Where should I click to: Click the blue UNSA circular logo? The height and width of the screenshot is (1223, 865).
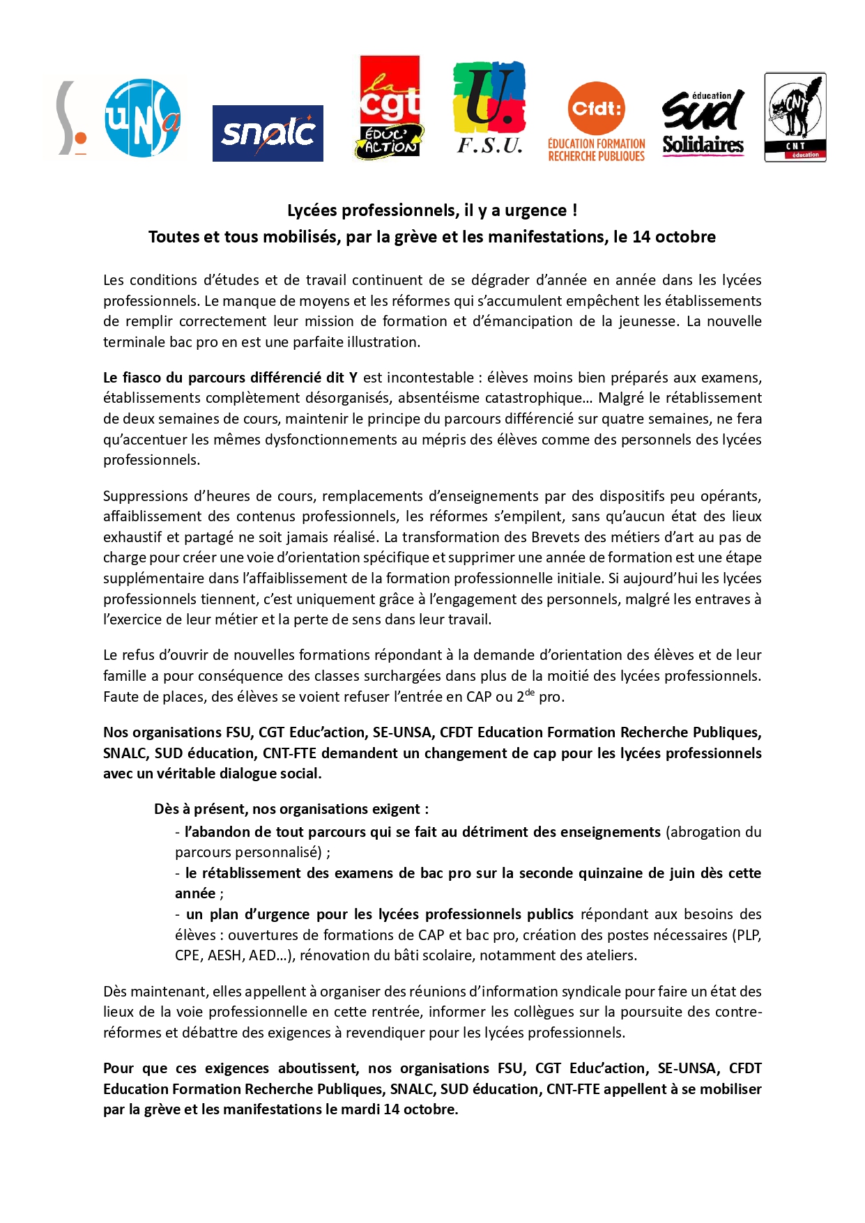pyautogui.click(x=142, y=118)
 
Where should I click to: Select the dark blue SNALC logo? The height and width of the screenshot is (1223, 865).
pyautogui.click(x=268, y=133)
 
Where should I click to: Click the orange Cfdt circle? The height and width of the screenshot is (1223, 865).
pyautogui.click(x=597, y=109)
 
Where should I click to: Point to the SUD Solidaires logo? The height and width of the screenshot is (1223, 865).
pyautogui.click(x=703, y=123)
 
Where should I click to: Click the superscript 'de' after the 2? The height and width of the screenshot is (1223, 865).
pyautogui.click(x=530, y=693)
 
